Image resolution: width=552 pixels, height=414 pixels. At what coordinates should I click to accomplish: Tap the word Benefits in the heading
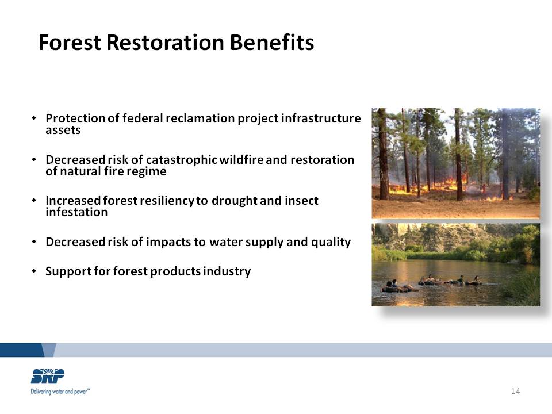[272, 43]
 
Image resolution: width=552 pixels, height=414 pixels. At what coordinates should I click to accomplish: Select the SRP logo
[48, 375]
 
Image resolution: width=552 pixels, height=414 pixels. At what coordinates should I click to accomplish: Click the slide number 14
[515, 391]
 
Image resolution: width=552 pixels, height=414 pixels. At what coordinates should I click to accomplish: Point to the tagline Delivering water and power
[60, 392]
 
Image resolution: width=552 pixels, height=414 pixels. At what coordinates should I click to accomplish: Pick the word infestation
[76, 212]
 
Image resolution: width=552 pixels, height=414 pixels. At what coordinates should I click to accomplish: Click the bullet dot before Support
[34, 271]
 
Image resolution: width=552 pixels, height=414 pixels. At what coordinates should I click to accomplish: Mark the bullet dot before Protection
[34, 118]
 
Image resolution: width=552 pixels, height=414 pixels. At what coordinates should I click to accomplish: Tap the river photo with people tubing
[455, 264]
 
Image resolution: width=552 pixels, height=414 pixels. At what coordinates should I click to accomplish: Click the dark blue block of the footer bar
[25, 350]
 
